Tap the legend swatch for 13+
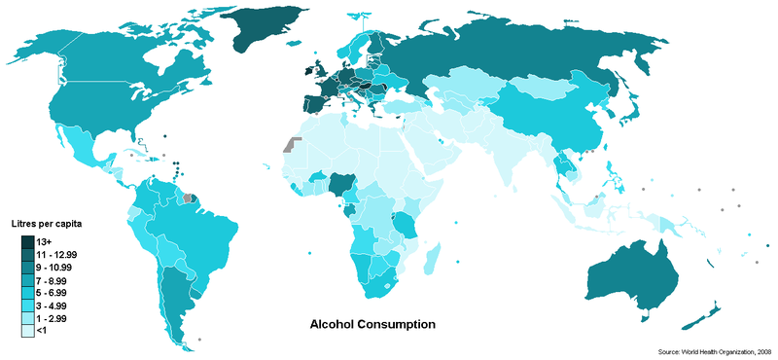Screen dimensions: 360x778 coord(28,239)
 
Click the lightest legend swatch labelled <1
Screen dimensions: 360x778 coord(28,331)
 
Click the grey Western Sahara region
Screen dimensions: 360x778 coord(288,145)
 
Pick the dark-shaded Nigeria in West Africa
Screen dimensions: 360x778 coord(341,183)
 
